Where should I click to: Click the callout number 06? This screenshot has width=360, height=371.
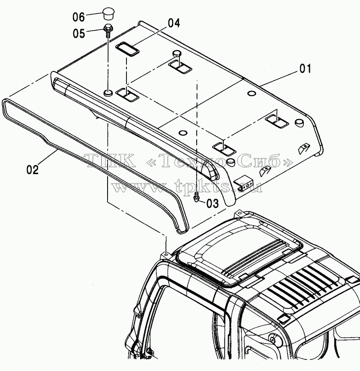(78, 17)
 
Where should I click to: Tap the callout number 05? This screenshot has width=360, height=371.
(79, 33)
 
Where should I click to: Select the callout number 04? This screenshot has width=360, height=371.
(174, 23)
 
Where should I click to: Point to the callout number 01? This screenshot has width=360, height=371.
(305, 69)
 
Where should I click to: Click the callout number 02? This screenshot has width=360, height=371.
(33, 170)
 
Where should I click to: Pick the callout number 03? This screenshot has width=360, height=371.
(213, 203)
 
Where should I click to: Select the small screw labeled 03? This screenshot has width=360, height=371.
(196, 196)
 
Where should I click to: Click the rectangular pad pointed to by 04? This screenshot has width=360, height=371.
(127, 49)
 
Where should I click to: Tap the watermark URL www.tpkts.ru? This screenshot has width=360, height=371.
(187, 187)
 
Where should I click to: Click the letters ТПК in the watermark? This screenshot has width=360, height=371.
(111, 160)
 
